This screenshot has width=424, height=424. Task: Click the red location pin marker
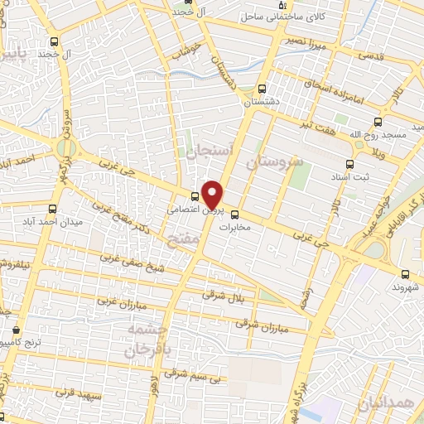coord(212,194)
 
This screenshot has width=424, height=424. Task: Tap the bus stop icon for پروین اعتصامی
coord(195,196)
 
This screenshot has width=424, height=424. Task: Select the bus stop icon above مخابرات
coord(234,211)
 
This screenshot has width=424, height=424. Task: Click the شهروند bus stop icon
coord(404,274)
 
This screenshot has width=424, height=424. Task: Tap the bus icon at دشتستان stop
coord(263,89)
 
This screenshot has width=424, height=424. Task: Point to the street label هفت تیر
coord(318,124)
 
